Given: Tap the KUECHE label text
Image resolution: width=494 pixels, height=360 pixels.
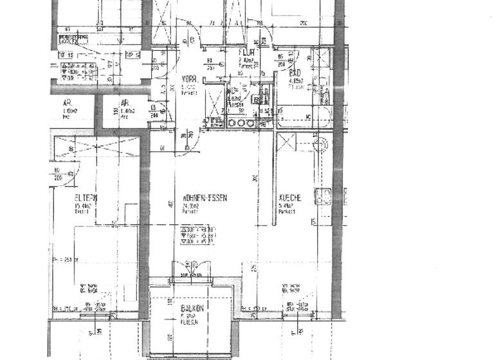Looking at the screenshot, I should (x=290, y=199).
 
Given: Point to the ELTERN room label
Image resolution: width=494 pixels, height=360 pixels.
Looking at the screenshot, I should (x=86, y=198).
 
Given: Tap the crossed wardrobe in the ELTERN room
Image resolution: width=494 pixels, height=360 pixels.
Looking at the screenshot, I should (x=96, y=148).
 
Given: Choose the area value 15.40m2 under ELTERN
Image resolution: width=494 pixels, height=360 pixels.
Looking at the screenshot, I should (x=82, y=206).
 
